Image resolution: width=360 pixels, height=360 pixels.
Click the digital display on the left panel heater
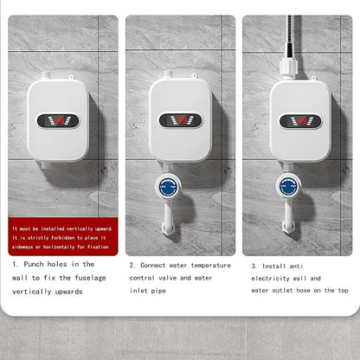click(58, 119)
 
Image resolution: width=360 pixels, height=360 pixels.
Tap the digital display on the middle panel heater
click(179, 119)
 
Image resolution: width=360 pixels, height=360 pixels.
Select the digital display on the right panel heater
click(299, 119)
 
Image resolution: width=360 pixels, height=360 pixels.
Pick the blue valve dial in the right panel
click(289, 184)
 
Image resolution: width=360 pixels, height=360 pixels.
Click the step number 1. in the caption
click(15, 264)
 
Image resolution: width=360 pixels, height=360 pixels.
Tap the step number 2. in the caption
click(132, 265)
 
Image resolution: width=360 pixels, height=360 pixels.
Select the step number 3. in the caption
click(254, 265)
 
